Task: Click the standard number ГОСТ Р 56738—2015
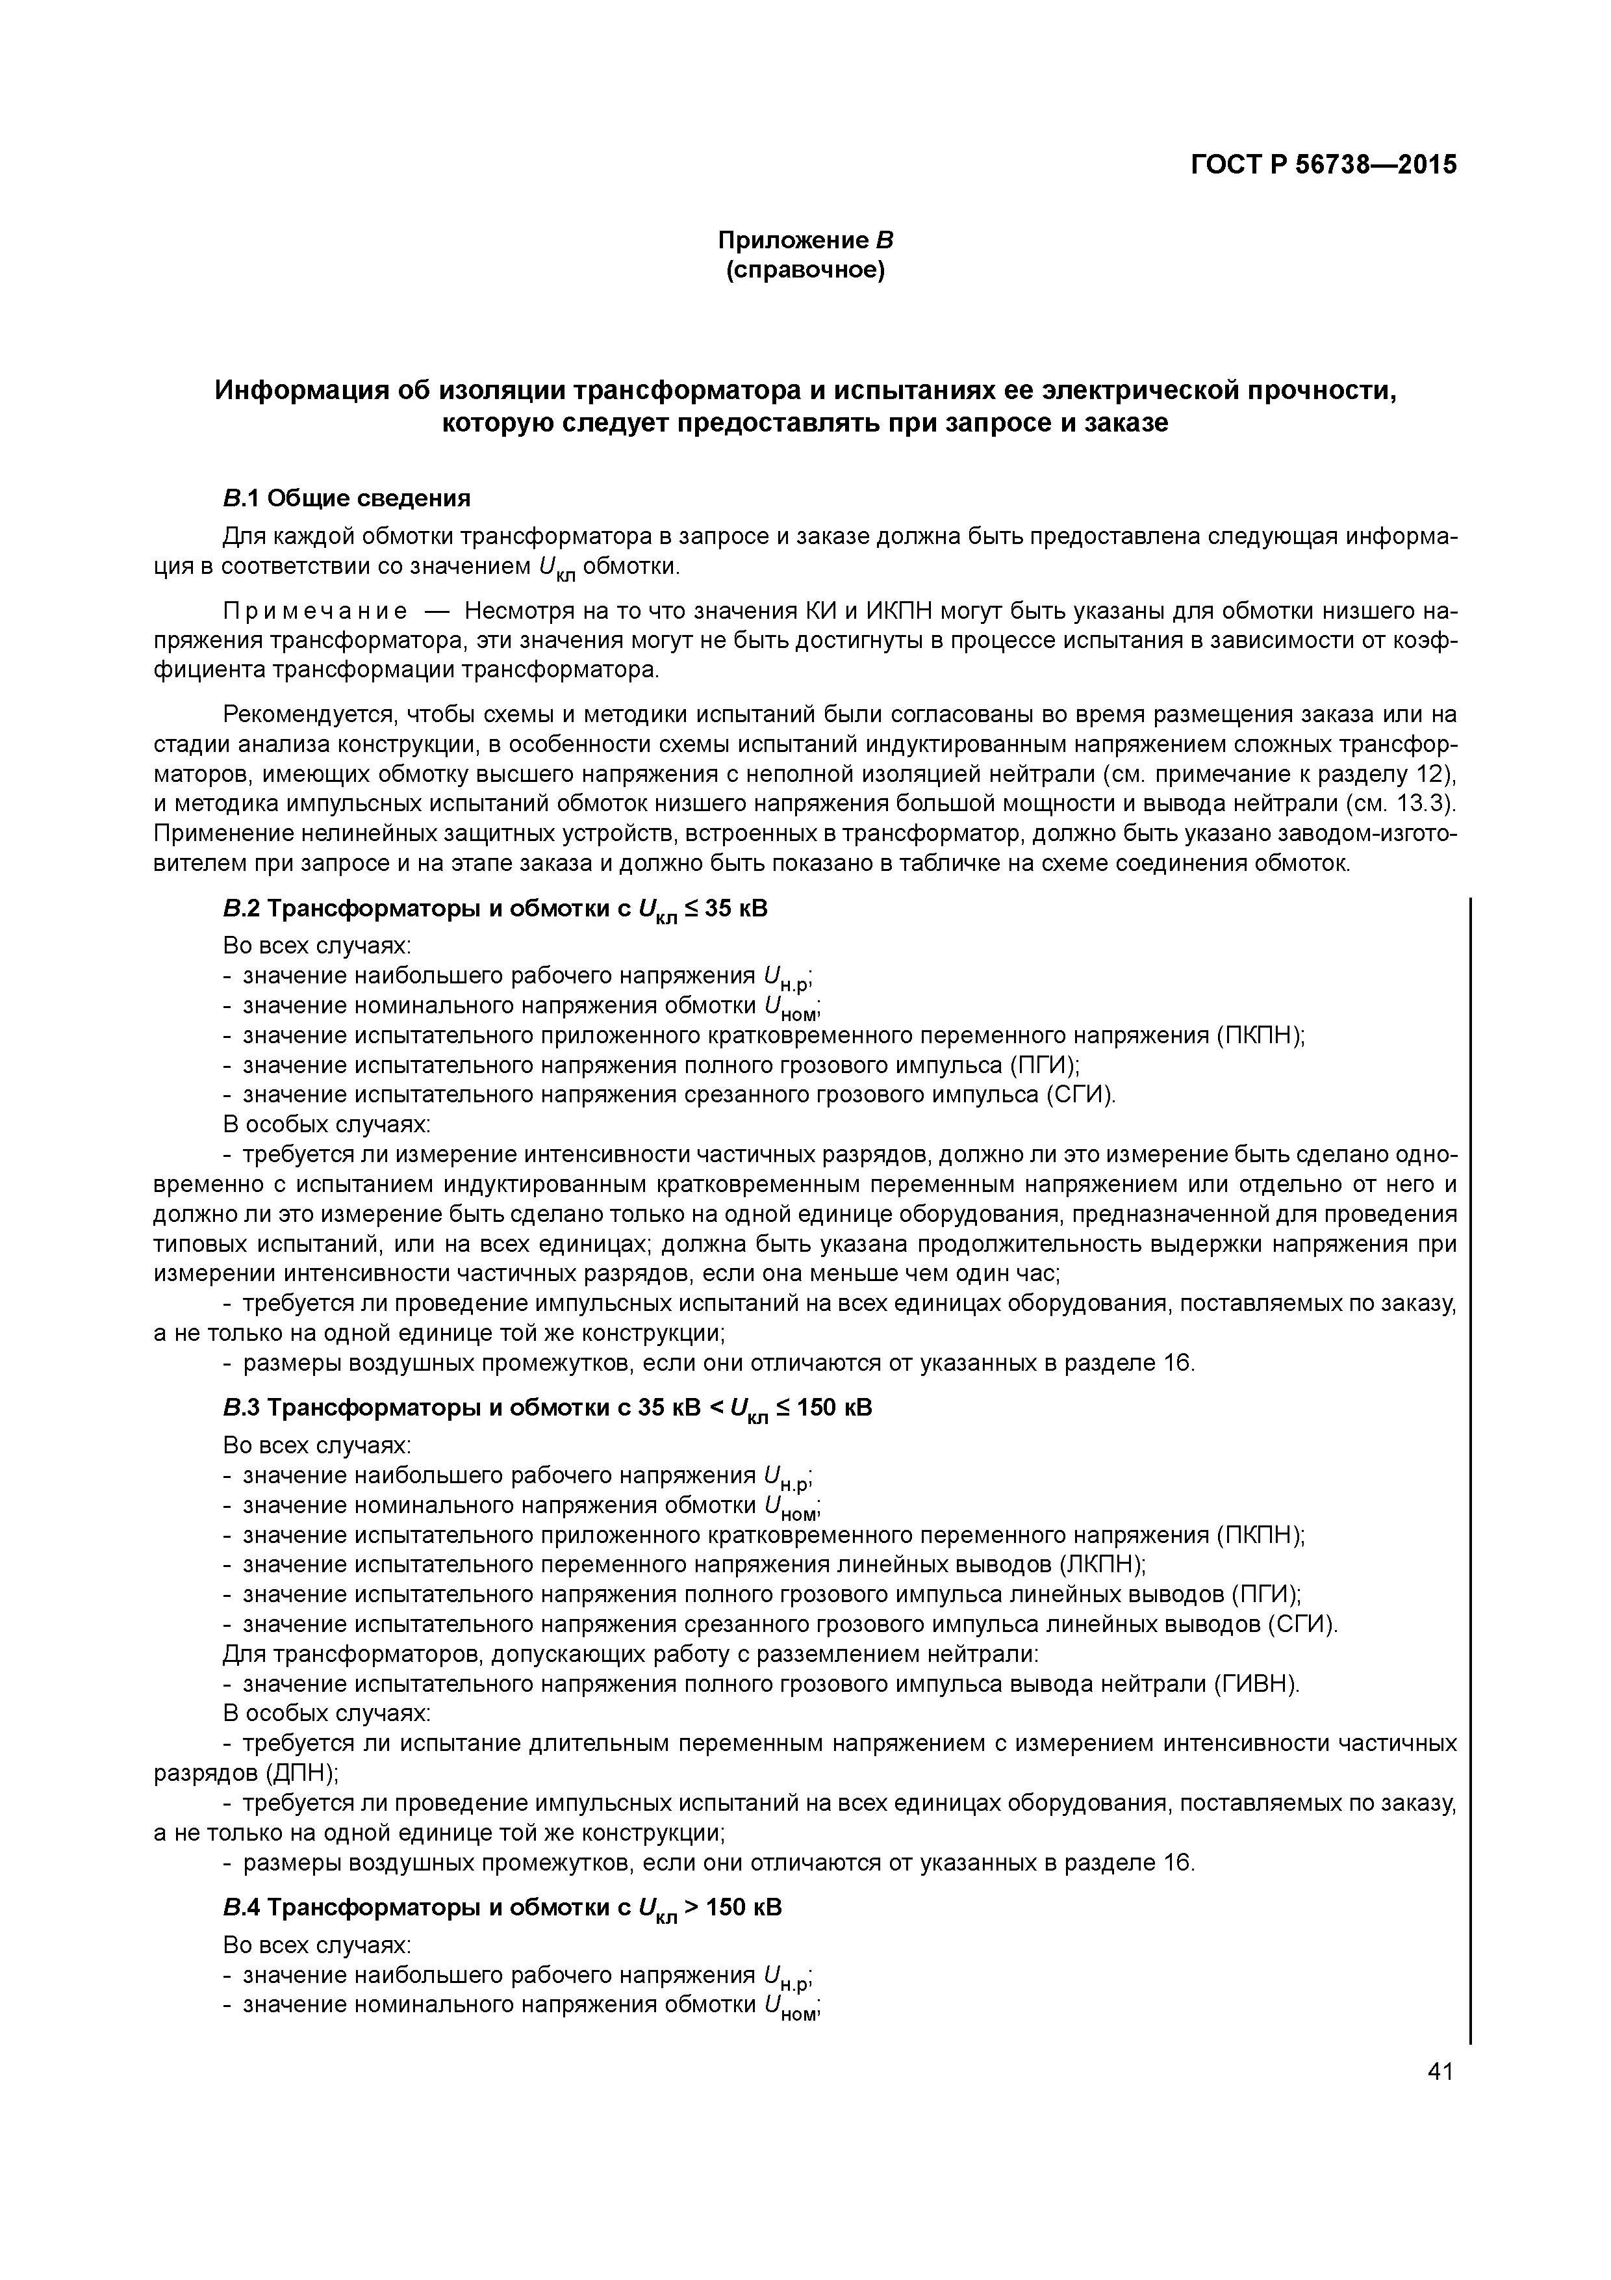click(x=1323, y=165)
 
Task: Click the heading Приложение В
click(x=805, y=240)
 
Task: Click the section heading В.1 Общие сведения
click(x=346, y=497)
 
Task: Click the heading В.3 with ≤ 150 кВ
click(x=547, y=1409)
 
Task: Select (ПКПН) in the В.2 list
click(x=1259, y=1036)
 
